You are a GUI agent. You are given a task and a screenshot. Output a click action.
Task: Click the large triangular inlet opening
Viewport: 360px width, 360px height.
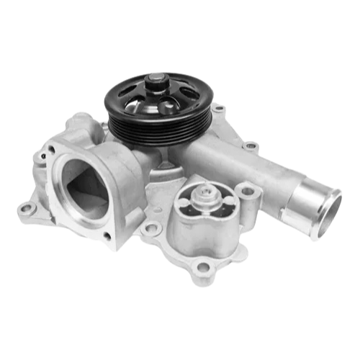coord(84,185)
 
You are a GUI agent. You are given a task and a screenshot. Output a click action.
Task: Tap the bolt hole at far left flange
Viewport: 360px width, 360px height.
coord(27,209)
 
